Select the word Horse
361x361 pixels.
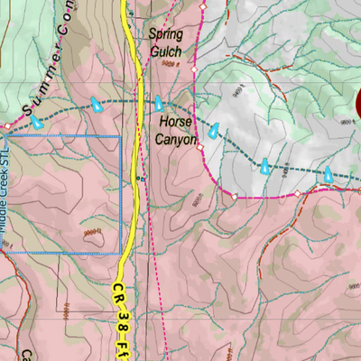[x=176, y=120]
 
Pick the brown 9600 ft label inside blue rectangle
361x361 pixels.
[x=90, y=234]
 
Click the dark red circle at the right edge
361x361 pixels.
[x=357, y=102]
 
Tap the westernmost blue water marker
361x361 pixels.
[x=36, y=120]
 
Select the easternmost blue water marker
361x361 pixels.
[x=329, y=173]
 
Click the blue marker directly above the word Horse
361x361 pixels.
[x=159, y=102]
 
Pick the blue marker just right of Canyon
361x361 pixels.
[x=213, y=132]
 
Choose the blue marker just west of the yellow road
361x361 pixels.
[x=95, y=106]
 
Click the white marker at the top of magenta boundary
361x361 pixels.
[x=202, y=7]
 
